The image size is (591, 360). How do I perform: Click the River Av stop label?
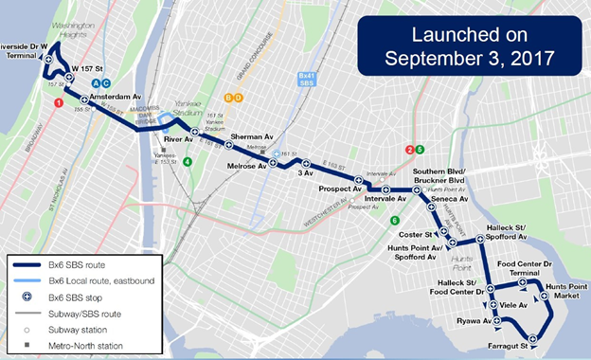tap(179, 139)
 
